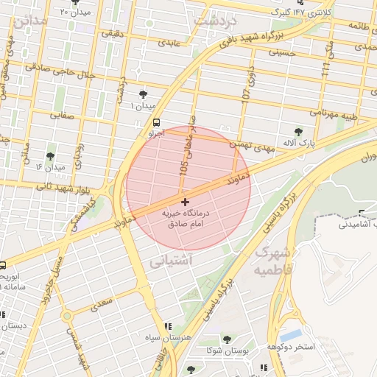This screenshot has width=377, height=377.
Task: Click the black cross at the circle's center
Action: [184, 202]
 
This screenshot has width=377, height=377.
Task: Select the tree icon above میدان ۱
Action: [142, 95]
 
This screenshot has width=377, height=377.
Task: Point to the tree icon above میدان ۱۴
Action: [50, 156]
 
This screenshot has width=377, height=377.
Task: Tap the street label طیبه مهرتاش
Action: [333, 114]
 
